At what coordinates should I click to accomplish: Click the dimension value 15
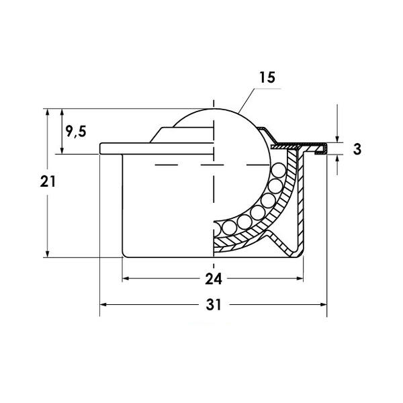point(267,77)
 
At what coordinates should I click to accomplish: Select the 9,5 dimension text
point(76,132)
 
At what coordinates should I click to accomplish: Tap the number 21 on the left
point(48,181)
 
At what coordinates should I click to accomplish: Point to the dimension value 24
point(214,279)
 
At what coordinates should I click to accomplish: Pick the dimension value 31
point(214,305)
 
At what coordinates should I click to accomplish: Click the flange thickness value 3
point(357,149)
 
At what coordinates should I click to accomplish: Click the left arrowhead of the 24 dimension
point(126,278)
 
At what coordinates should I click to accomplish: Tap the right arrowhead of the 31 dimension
point(323,304)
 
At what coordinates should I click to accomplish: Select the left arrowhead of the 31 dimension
point(103,304)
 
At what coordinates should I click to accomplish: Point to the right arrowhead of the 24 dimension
point(300,278)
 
